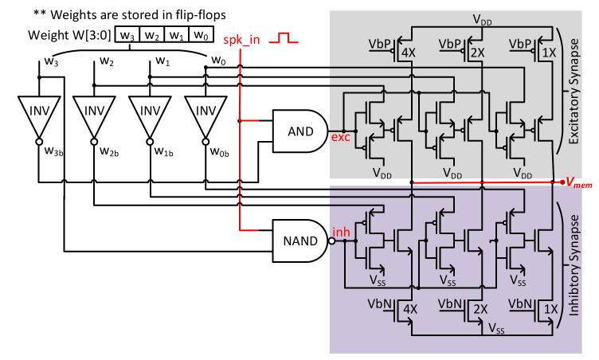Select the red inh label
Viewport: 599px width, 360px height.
tap(339, 231)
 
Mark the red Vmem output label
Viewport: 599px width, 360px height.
tap(581, 183)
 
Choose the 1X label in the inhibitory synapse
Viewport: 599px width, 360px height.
tap(551, 307)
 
